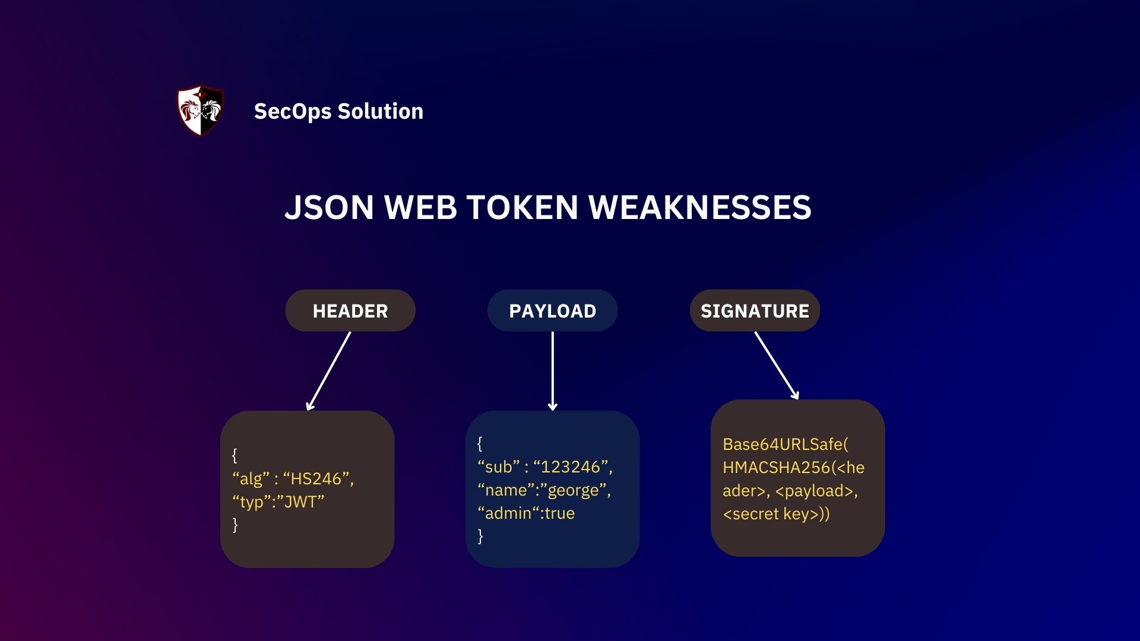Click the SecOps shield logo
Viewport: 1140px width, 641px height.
tap(201, 111)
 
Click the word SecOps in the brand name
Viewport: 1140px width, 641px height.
tap(292, 112)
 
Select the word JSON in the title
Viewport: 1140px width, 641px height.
tap(329, 208)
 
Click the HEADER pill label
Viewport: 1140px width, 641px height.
tap(350, 311)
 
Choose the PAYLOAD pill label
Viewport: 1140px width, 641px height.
tap(552, 311)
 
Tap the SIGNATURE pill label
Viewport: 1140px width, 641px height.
tap(755, 311)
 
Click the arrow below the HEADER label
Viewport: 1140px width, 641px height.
tap(328, 371)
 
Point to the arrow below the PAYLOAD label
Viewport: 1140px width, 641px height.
tap(552, 371)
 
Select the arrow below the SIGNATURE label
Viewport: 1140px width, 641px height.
tap(777, 366)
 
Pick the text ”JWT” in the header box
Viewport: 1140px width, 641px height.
tap(300, 502)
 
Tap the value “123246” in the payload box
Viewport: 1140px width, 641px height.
tap(572, 467)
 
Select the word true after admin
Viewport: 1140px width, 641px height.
tap(559, 513)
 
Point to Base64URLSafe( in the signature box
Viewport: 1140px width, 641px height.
tap(785, 445)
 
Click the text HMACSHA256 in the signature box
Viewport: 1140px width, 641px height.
tap(776, 468)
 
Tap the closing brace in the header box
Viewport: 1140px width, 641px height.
tap(235, 525)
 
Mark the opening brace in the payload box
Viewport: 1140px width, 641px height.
tap(480, 443)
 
